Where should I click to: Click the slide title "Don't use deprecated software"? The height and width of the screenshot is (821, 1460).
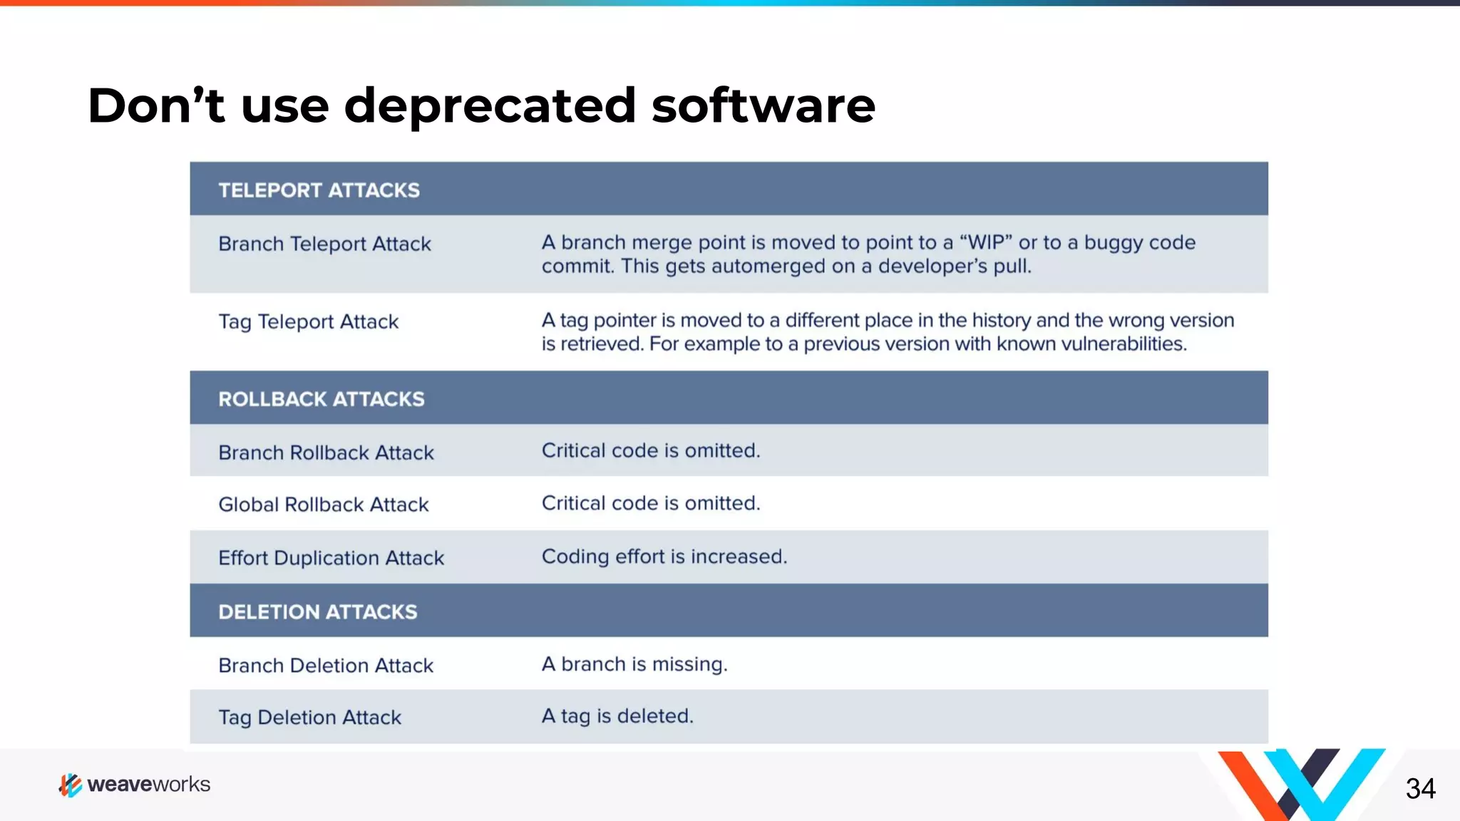[481, 105]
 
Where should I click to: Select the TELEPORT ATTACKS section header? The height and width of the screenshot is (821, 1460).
[319, 190]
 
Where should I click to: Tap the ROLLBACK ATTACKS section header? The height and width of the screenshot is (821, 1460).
[321, 399]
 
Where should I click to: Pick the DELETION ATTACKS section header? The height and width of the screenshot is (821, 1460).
[317, 612]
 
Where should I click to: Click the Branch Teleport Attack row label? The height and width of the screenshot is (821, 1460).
[324, 244]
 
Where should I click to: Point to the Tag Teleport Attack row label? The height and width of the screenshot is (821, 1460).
[308, 322]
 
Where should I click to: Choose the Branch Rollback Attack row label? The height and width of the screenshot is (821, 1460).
[326, 453]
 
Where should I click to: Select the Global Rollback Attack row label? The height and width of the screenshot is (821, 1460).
[323, 505]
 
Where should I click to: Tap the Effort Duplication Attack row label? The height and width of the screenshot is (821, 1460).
[331, 558]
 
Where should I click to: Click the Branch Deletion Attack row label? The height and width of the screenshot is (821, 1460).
[326, 666]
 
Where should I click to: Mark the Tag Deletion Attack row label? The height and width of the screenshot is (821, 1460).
[309, 718]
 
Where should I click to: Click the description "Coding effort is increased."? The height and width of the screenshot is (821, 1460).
[664, 557]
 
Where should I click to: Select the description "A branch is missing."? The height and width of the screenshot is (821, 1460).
[634, 664]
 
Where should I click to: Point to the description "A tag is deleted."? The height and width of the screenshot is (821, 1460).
[617, 716]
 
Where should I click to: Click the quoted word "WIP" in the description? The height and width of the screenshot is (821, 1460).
[986, 243]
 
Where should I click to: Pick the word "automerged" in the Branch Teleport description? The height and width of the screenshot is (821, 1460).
[766, 267]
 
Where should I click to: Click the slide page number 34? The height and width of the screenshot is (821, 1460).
[1420, 789]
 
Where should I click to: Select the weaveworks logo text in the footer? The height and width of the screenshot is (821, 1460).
[148, 785]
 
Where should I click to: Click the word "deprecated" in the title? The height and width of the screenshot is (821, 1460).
[490, 105]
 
